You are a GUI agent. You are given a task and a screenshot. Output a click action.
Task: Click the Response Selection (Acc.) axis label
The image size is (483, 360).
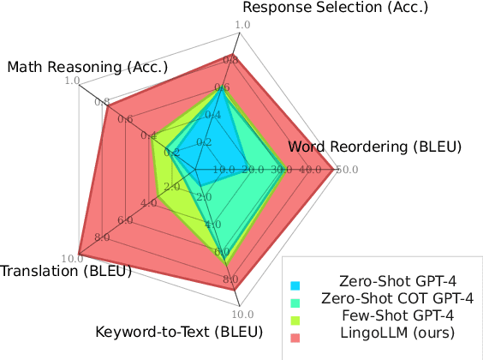point(335,8)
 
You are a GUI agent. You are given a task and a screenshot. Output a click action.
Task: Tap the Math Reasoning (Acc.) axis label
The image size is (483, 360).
point(87,67)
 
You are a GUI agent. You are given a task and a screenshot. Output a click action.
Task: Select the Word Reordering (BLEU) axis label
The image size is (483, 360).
point(374,147)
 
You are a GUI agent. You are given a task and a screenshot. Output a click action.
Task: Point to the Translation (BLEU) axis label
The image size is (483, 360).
point(66,272)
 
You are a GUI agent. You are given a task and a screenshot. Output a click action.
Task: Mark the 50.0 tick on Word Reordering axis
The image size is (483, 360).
point(346,170)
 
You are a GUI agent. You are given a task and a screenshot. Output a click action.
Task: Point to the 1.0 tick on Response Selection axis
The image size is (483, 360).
point(241,26)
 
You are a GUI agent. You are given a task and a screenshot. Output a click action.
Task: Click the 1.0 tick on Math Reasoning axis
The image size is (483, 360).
point(72,82)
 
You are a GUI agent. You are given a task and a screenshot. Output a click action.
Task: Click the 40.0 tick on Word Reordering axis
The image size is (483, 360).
point(313,170)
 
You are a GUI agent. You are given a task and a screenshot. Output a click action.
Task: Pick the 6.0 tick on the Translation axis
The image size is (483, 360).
point(125,219)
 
